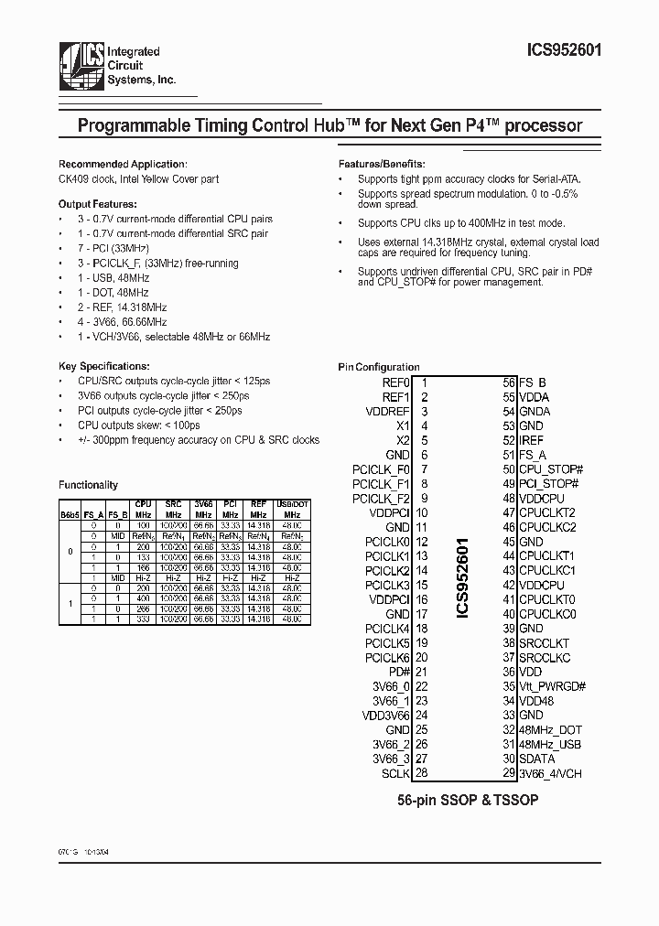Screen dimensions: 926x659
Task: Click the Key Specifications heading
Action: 97,364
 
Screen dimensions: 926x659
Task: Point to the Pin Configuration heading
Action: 378,367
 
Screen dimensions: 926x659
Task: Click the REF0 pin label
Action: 394,382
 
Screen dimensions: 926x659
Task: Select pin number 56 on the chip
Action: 509,382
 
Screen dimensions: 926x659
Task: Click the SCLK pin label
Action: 395,773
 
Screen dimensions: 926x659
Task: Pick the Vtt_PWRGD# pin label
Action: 552,686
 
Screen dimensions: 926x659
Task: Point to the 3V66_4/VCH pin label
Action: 550,773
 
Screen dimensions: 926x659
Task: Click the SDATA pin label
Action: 537,759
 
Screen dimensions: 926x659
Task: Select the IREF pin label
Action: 532,440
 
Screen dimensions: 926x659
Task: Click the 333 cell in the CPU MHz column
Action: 143,619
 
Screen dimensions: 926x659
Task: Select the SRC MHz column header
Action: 172,509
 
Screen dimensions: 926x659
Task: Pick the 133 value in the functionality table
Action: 143,556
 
